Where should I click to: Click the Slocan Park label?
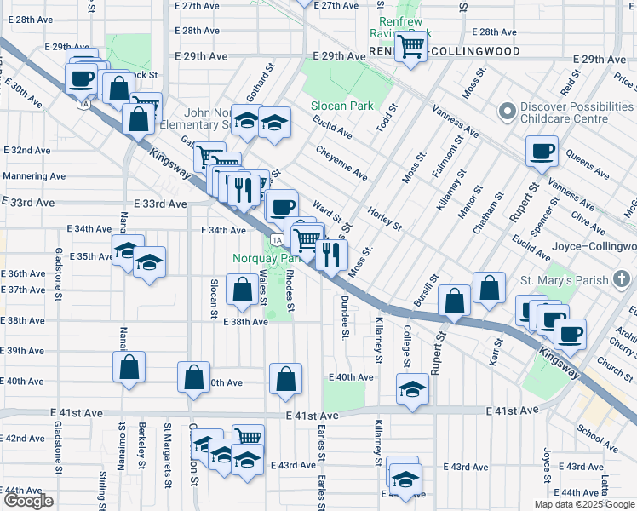[338, 106]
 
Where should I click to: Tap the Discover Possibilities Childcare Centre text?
[573, 113]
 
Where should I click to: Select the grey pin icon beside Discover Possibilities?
[508, 112]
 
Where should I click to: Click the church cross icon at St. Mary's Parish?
[623, 278]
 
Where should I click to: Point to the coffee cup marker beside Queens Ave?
[542, 153]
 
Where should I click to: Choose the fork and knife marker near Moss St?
[331, 253]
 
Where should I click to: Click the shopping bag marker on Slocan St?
[243, 288]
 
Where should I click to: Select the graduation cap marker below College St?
[413, 389]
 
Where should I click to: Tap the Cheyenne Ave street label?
[341, 161]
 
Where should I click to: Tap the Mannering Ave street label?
[33, 176]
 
